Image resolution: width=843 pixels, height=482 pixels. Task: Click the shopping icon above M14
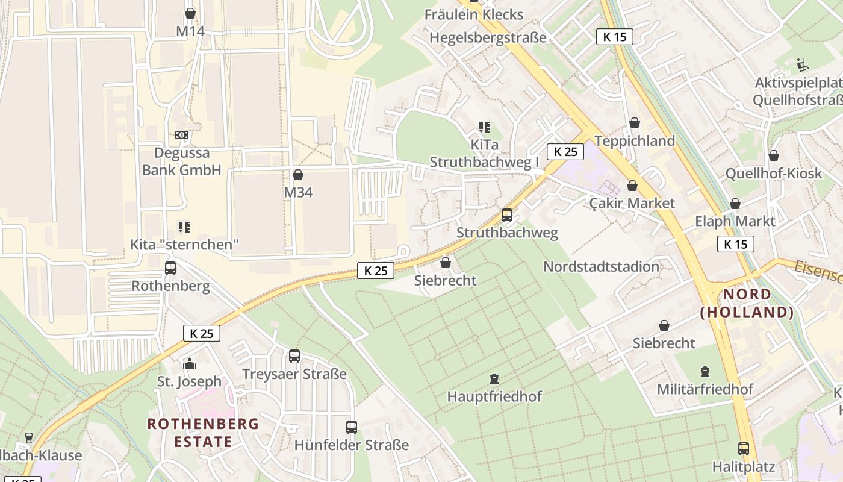(x=190, y=13)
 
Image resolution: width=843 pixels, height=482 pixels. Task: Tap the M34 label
(x=298, y=192)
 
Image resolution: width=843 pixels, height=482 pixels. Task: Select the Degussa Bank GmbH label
(x=182, y=161)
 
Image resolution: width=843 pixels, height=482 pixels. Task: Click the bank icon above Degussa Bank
(x=182, y=135)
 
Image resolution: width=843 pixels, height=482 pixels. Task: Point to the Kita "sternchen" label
(x=185, y=245)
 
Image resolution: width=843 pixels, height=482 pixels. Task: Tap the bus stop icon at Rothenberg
(x=170, y=268)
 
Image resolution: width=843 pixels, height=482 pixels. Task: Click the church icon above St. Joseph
(x=190, y=364)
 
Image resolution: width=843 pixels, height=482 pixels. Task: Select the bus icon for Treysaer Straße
(x=294, y=356)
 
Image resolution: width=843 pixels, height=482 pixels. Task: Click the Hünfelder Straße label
(x=352, y=445)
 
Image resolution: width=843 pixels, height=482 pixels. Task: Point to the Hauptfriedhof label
(x=494, y=396)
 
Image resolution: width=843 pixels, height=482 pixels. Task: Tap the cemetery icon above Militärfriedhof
(x=705, y=372)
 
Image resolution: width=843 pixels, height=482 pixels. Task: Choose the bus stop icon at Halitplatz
(x=744, y=449)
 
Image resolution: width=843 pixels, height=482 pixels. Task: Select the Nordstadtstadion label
(x=601, y=266)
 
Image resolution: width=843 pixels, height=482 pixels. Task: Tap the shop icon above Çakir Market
(x=632, y=186)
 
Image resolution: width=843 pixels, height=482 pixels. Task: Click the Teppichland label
(x=635, y=141)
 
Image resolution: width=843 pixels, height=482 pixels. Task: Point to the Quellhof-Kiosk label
(x=773, y=174)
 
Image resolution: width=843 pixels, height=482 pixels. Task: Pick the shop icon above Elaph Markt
(x=735, y=204)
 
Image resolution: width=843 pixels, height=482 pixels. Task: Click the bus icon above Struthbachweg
(x=507, y=214)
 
